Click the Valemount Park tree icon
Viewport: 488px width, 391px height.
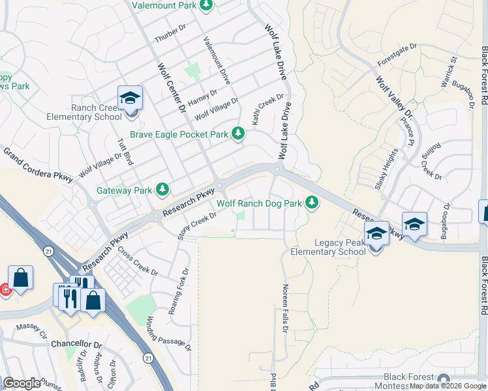206,5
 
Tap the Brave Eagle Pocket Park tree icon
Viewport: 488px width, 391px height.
238,134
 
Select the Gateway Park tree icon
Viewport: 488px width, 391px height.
162,190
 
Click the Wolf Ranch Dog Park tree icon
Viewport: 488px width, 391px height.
313,203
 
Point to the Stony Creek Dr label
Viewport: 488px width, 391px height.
197,225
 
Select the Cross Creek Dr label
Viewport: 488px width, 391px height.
138,261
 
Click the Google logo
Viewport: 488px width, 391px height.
22,383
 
